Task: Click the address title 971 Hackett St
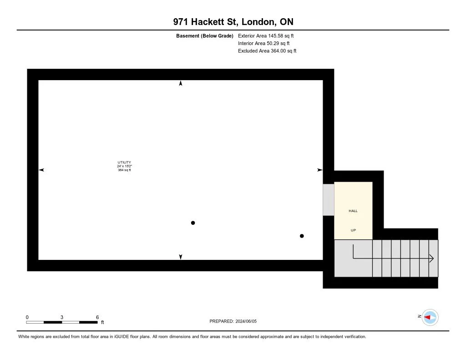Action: [233, 22]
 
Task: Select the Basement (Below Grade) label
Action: [204, 35]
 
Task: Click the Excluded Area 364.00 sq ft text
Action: [267, 51]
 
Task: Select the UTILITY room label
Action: [124, 162]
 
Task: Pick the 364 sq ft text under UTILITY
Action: [124, 170]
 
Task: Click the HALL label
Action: [353, 211]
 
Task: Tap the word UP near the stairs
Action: [353, 230]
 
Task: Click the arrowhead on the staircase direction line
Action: [431, 259]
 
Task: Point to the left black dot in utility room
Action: [193, 223]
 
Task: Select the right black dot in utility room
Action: [302, 236]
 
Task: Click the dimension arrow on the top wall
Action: [181, 83]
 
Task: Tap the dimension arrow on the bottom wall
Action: [181, 257]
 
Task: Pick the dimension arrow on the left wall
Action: [41, 170]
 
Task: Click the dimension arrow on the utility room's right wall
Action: [319, 170]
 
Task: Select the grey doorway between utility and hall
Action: [328, 199]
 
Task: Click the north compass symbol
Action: [430, 317]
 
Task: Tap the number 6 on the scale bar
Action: [97, 317]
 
